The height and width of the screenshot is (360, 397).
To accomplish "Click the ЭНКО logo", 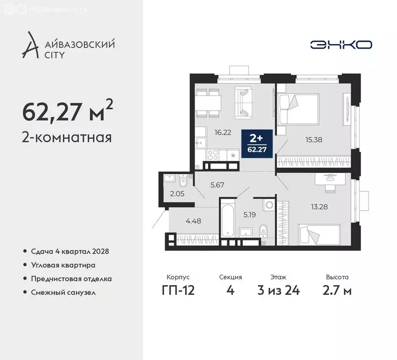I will pyautogui.click(x=341, y=45).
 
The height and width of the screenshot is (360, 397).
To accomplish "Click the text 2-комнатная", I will pyautogui.click(x=67, y=137).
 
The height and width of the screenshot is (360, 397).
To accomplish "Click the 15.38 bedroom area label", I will pyautogui.click(x=314, y=139).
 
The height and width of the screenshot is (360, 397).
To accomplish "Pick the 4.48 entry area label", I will pyautogui.click(x=193, y=221).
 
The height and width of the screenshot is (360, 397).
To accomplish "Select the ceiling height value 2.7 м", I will pyautogui.click(x=337, y=290).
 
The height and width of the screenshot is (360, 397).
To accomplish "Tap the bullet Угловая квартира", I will pyautogui.click(x=63, y=265).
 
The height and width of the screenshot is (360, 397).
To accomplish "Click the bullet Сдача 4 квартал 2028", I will pyautogui.click(x=69, y=252).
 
